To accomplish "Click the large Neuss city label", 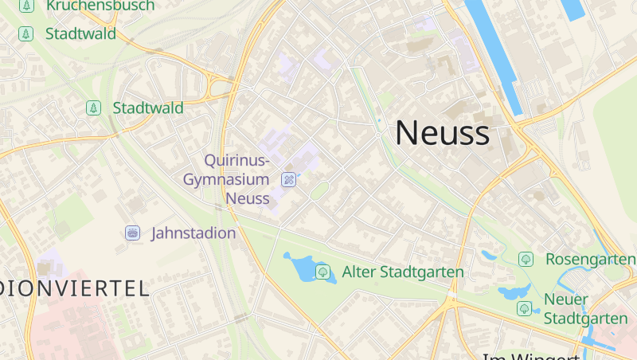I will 442,132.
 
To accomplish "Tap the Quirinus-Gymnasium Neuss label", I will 227,179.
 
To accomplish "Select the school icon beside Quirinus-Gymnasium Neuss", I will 289,179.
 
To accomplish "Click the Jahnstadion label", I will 193,233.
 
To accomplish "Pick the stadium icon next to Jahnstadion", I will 132,233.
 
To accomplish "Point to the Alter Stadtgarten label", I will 403,272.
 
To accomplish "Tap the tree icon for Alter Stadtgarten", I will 322,272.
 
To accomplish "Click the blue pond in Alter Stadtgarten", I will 300,268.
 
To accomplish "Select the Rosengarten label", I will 590,260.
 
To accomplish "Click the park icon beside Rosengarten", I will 526,259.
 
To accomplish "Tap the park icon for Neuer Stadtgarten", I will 523,308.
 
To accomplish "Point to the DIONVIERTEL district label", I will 76,288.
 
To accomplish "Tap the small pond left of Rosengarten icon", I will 488,255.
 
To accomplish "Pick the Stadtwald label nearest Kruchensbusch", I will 80,33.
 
